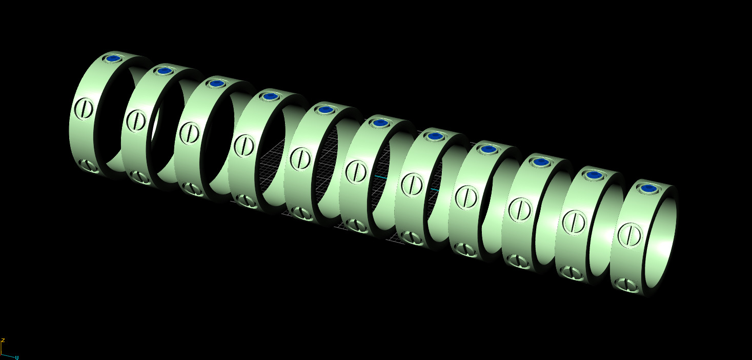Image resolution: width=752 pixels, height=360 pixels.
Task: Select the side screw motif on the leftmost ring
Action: tap(84, 109)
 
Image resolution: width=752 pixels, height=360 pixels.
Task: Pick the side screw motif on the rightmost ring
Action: tap(629, 235)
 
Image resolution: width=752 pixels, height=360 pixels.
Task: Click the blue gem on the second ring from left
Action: tap(164, 71)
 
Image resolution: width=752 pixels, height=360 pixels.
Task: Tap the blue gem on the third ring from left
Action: tap(217, 83)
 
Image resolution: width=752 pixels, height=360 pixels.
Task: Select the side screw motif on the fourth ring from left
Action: tap(244, 146)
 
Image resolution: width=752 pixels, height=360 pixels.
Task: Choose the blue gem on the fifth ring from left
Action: tap(324, 110)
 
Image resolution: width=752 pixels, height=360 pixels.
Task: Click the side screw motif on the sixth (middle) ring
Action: tap(355, 171)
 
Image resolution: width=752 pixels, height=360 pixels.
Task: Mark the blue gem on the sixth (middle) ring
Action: tap(379, 123)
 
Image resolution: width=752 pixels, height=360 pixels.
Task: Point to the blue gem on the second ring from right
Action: tap(594, 175)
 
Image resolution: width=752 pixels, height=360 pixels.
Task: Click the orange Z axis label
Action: tap(3, 341)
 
